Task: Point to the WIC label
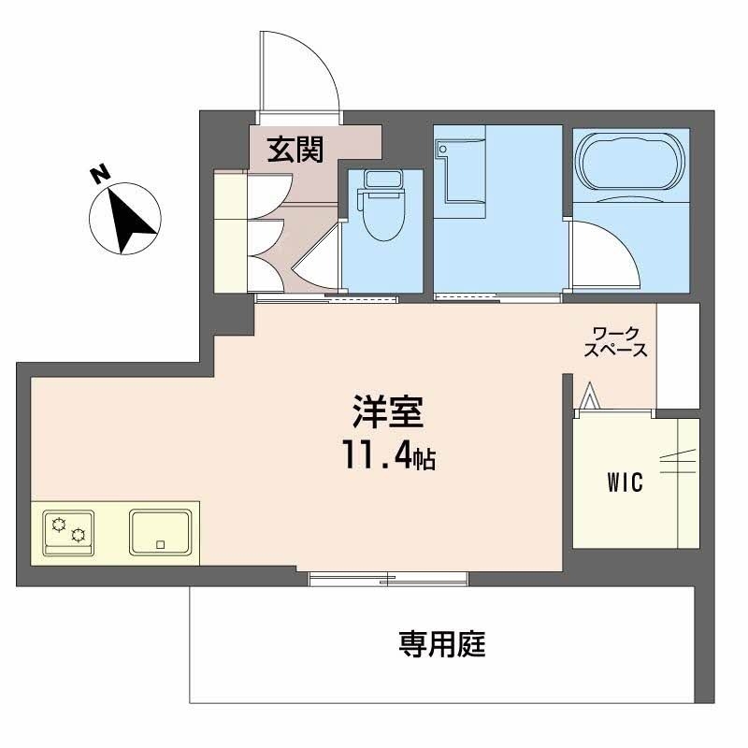tap(623, 483)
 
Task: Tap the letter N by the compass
tap(99, 173)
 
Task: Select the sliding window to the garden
tap(389, 580)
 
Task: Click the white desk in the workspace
tap(677, 355)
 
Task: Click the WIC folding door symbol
tap(588, 397)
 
